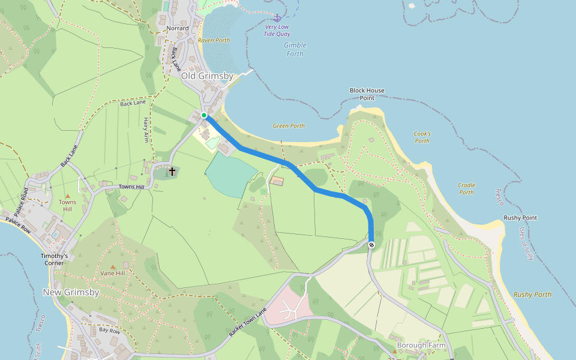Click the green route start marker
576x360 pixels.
pyautogui.click(x=204, y=115)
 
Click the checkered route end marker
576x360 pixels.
pyautogui.click(x=372, y=244)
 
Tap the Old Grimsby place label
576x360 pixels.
pyautogui.click(x=207, y=76)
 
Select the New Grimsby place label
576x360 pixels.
pyautogui.click(x=71, y=292)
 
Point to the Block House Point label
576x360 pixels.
pyautogui.click(x=367, y=94)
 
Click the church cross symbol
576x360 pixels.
pyautogui.click(x=172, y=172)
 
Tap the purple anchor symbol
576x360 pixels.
pyautogui.click(x=277, y=19)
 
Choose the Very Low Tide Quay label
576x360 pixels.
pyautogui.click(x=277, y=31)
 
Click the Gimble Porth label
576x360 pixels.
pyautogui.click(x=295, y=49)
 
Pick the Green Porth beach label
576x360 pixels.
pyautogui.click(x=289, y=126)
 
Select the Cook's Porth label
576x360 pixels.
pyautogui.click(x=422, y=137)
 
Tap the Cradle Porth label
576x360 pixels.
pyautogui.click(x=466, y=189)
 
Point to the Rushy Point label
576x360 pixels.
pyautogui.click(x=520, y=218)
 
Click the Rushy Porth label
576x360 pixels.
pyautogui.click(x=532, y=295)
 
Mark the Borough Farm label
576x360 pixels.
pyautogui.click(x=421, y=346)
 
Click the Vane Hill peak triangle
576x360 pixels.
pyautogui.click(x=112, y=266)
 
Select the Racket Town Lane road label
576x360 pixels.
pyautogui.click(x=247, y=322)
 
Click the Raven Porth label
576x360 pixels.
pyautogui.click(x=214, y=41)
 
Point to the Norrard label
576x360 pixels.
pyautogui.click(x=178, y=28)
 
